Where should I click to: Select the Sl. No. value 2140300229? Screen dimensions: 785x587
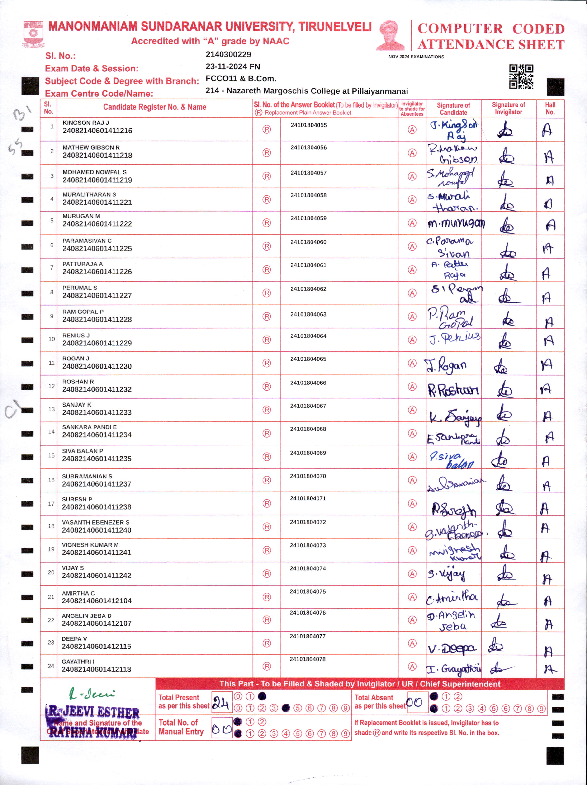(228, 55)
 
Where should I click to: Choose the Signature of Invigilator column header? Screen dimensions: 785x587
(508, 109)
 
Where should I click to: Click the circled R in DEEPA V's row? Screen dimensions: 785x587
(266, 643)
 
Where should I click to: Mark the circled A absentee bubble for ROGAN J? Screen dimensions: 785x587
(412, 363)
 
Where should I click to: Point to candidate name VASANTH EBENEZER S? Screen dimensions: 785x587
(95, 522)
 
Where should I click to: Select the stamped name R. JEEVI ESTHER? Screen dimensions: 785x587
(93, 712)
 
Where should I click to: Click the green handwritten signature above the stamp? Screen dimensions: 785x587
(92, 693)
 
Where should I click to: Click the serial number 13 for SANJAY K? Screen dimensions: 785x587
(52, 409)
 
